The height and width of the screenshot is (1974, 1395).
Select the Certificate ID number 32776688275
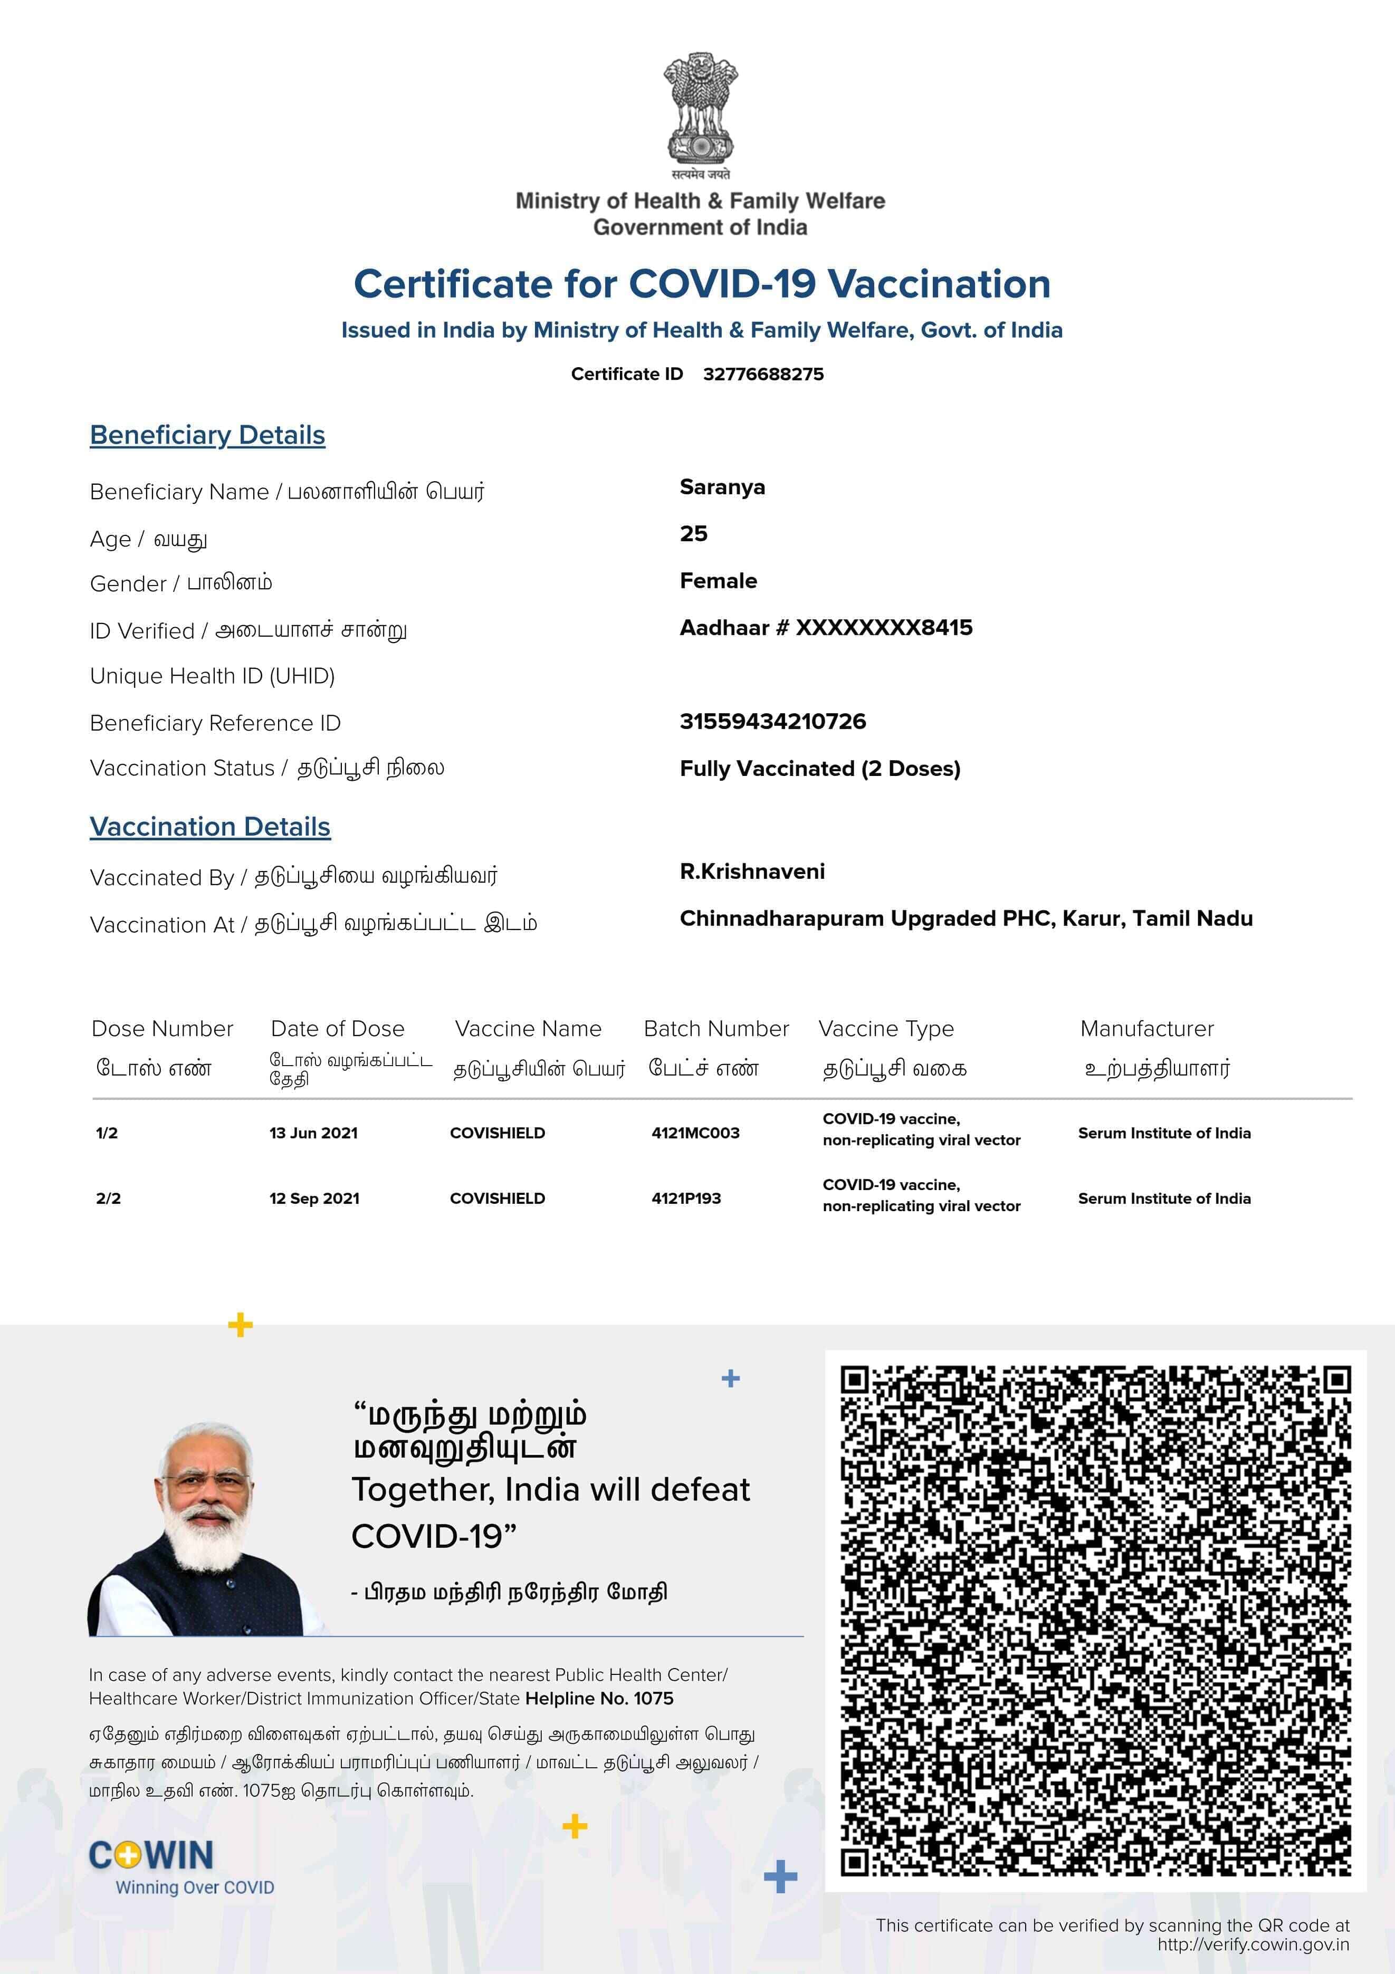(x=763, y=374)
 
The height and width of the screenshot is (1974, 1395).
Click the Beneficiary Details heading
(x=207, y=435)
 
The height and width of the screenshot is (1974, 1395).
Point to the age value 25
(x=693, y=534)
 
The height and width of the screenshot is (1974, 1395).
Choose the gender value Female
(x=718, y=581)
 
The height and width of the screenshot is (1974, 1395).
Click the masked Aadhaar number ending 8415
(x=826, y=628)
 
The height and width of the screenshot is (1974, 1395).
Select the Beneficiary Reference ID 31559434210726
(x=772, y=721)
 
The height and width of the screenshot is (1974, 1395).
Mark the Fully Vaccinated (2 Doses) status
(x=819, y=769)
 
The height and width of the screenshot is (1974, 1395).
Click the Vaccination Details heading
(x=210, y=827)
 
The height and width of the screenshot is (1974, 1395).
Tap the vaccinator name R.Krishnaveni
(x=752, y=872)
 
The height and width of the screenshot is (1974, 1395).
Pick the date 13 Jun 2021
(x=313, y=1133)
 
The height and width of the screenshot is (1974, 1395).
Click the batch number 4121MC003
(x=695, y=1133)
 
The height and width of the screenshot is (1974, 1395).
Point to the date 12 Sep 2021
(x=314, y=1199)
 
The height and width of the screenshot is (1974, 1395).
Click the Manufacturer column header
(x=1146, y=1029)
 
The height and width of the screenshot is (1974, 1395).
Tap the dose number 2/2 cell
(x=108, y=1199)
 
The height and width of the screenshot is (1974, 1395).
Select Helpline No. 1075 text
(x=599, y=1698)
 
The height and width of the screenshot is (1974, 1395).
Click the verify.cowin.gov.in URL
(x=1252, y=1945)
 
